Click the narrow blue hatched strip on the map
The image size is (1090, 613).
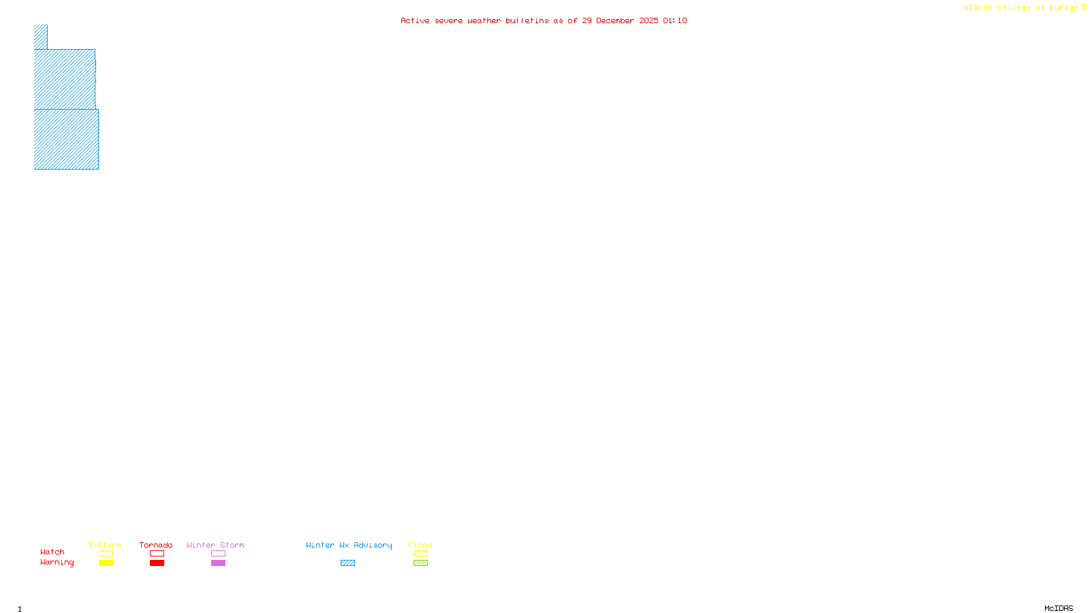click(41, 37)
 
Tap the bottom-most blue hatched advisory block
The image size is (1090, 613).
click(66, 139)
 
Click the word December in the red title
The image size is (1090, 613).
click(615, 20)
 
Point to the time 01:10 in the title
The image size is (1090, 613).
click(674, 20)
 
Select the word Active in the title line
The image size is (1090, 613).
click(415, 20)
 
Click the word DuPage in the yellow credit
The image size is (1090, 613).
click(1063, 8)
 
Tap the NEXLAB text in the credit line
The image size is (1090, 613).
click(978, 8)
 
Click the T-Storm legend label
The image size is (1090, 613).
click(105, 545)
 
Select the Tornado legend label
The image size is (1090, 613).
click(156, 545)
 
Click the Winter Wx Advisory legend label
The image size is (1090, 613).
click(349, 545)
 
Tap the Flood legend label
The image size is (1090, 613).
click(420, 545)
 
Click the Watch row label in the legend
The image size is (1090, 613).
click(52, 552)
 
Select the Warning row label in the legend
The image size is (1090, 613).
click(57, 563)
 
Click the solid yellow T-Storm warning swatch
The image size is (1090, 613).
click(106, 563)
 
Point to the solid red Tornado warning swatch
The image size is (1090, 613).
click(157, 563)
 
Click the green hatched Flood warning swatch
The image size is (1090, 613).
click(421, 563)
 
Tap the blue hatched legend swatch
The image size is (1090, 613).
click(348, 563)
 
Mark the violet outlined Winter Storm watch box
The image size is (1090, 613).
click(218, 554)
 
